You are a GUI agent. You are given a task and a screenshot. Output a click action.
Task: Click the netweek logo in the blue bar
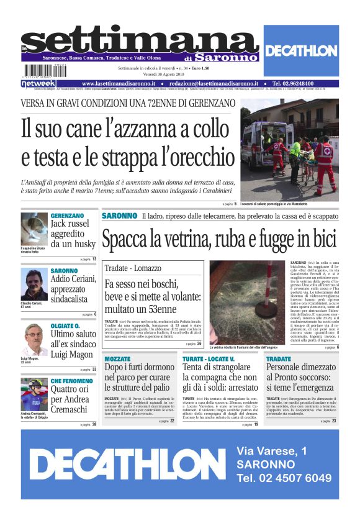38,83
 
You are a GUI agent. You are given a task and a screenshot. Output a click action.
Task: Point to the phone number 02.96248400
308,83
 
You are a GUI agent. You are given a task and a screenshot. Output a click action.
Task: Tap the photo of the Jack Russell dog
34,229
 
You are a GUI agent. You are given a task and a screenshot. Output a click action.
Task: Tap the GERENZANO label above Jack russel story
67,216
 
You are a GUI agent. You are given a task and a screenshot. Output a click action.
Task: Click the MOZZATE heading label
117,359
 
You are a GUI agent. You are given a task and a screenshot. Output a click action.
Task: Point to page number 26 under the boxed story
199,343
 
